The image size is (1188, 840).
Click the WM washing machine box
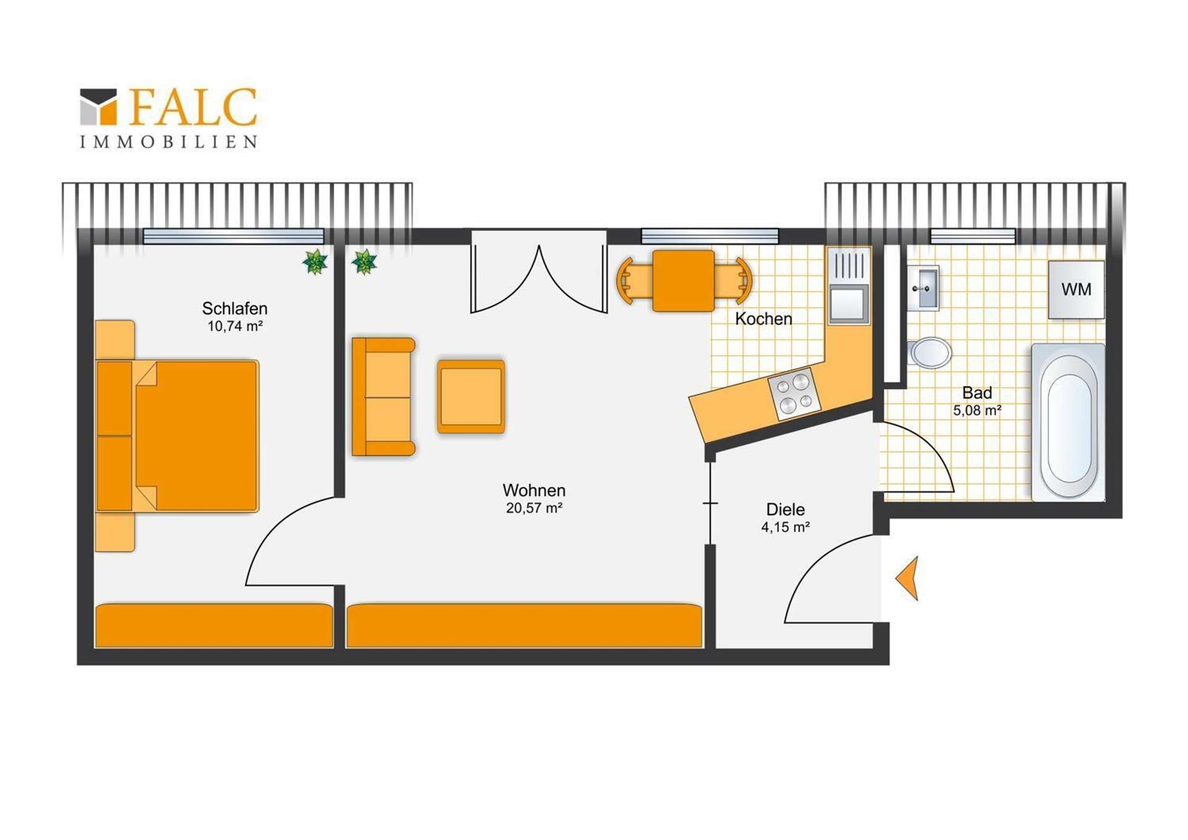[x=1076, y=289]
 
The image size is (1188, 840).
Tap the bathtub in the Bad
[x=1068, y=422]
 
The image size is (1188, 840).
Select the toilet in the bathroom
[x=929, y=353]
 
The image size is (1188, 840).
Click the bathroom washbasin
[x=923, y=288]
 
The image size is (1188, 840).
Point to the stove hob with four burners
[x=794, y=394]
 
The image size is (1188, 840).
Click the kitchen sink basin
[x=849, y=304]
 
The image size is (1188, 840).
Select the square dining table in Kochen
[x=684, y=281]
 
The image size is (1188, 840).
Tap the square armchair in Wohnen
[x=471, y=396]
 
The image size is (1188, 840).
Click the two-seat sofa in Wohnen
[x=383, y=396]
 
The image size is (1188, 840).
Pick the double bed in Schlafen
[x=178, y=436]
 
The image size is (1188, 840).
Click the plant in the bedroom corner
[x=315, y=262]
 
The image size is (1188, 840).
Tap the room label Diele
[x=785, y=510]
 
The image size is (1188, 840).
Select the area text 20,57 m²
[x=534, y=508]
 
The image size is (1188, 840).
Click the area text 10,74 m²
[x=235, y=327]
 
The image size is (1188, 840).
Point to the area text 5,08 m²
[x=977, y=410]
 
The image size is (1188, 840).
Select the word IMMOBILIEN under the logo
[x=168, y=142]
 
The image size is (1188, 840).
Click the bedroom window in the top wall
[x=233, y=236]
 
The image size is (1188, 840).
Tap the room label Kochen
[x=764, y=319]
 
